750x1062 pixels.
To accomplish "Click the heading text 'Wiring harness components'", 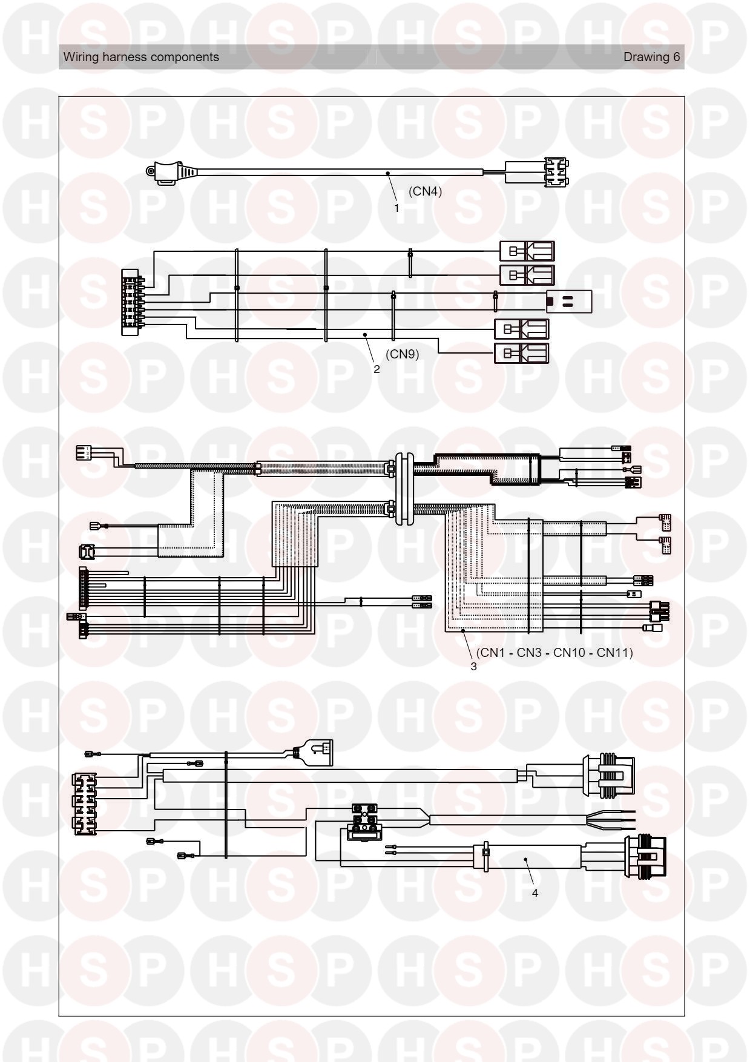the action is pos(141,57).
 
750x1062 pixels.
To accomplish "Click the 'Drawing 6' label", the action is pos(652,57).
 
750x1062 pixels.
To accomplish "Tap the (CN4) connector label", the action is pos(425,191).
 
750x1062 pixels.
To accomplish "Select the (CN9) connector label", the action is pos(402,354).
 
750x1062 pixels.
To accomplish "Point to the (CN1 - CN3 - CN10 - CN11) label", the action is pos(554,653).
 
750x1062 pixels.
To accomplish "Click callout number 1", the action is pos(396,208).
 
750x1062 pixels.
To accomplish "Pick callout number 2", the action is pos(377,369).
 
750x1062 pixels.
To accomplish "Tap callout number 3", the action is pos(473,667).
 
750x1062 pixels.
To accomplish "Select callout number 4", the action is pos(535,893).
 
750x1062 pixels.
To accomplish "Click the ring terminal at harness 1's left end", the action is pos(150,172).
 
